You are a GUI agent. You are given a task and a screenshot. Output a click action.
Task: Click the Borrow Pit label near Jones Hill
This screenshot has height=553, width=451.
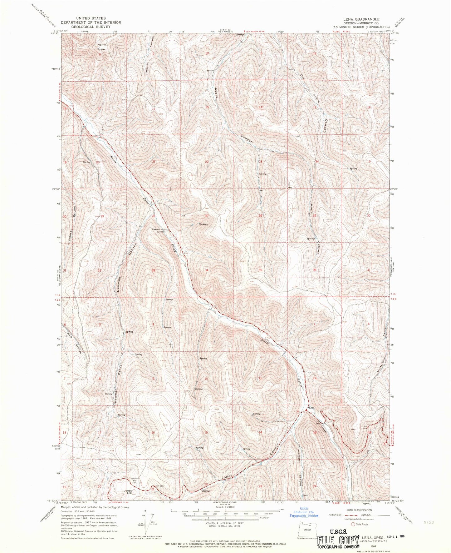[x=134, y=480]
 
